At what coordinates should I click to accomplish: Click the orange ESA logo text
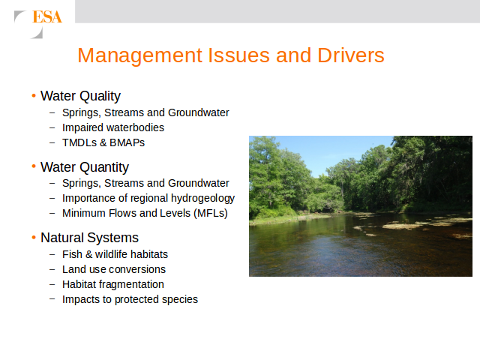(x=47, y=16)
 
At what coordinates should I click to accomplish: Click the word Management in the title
(x=140, y=55)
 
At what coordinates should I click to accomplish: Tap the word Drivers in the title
(x=351, y=55)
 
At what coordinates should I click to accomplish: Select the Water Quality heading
(x=80, y=96)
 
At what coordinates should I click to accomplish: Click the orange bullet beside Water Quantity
(x=34, y=166)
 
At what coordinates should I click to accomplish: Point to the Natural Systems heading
(x=90, y=238)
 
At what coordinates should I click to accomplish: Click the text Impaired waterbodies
(x=113, y=127)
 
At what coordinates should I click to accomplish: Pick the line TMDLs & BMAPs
(x=103, y=142)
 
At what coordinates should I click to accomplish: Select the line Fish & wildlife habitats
(x=115, y=254)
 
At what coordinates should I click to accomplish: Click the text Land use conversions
(x=114, y=269)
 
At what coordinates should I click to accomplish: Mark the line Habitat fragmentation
(x=113, y=284)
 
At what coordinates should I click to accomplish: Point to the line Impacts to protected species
(x=130, y=299)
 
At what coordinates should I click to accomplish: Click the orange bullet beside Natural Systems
(x=34, y=237)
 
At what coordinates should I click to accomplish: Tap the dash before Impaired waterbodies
(x=52, y=128)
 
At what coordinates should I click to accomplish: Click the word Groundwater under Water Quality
(x=198, y=112)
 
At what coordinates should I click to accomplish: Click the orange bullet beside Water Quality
(x=34, y=95)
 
